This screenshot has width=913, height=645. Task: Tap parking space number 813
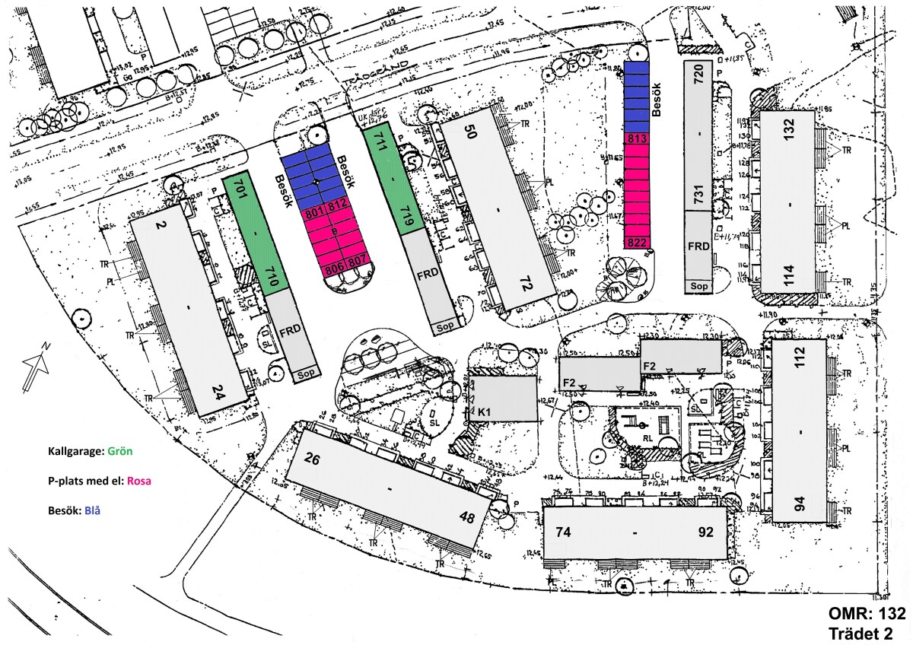637,138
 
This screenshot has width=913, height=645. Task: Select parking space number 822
637,243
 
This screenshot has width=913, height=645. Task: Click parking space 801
315,214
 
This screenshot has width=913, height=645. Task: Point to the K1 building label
484,412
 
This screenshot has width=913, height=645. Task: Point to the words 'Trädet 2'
867,632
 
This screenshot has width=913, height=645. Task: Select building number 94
799,504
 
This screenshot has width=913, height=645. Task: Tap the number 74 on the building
563,532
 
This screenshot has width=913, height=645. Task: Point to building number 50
470,132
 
